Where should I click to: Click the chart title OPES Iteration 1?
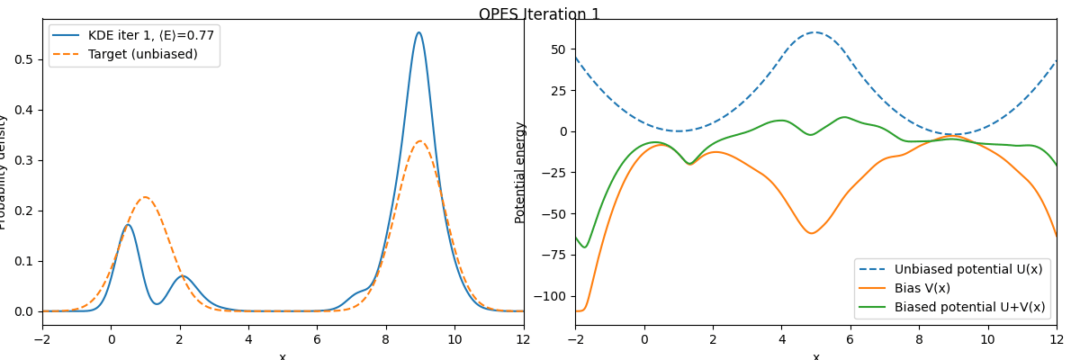pos(539,14)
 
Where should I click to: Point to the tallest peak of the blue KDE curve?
pos(418,32)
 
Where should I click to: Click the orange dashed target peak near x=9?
pos(419,141)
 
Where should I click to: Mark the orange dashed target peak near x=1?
pos(145,197)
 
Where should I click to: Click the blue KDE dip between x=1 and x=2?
pos(157,304)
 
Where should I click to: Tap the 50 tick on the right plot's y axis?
pos(559,49)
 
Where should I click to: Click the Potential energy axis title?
pos(520,173)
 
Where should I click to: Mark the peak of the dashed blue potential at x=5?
pos(815,32)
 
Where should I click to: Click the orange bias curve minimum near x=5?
pos(812,233)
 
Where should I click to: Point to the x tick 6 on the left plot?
pos(317,340)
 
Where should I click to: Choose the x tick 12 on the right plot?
pos(1057,340)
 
